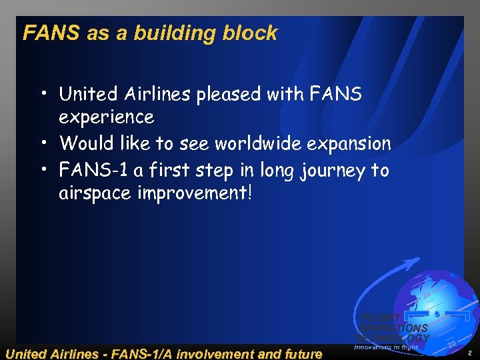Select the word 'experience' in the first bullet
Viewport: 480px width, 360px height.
pos(106,117)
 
